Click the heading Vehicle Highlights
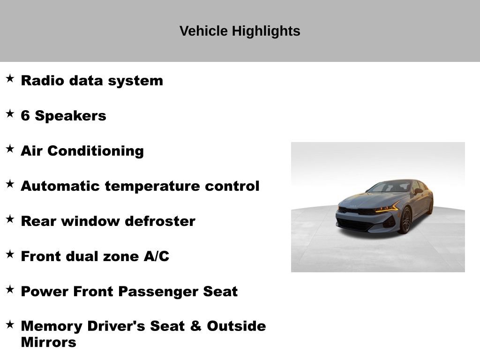point(240,31)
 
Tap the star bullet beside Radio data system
point(10,78)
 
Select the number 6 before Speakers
point(25,116)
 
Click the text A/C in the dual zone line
point(157,256)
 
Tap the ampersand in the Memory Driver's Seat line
point(195,326)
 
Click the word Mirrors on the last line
point(48,342)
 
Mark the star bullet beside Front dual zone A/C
point(10,254)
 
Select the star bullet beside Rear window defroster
point(10,219)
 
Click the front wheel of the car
point(405,220)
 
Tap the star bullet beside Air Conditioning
point(10,149)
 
